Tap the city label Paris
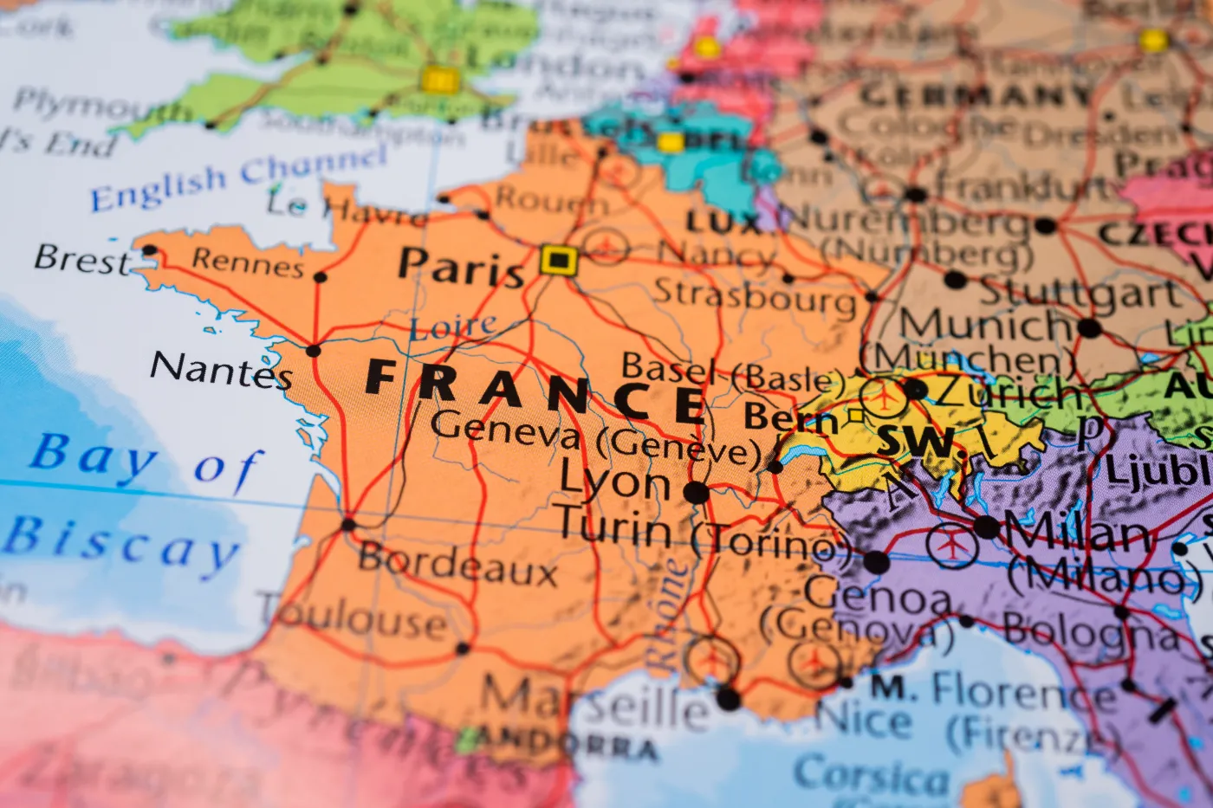pos(461,267)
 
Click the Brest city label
pos(81,259)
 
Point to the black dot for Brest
pos(149,250)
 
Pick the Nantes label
pos(221,370)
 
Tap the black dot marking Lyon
pos(696,493)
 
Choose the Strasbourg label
pos(755,297)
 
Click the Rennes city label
pos(248,262)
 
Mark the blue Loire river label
pos(453,327)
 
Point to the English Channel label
pos(238,178)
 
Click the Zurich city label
pos(1008,394)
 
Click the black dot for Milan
pos(986,527)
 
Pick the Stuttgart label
pos(1080,293)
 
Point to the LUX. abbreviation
pos(723,223)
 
